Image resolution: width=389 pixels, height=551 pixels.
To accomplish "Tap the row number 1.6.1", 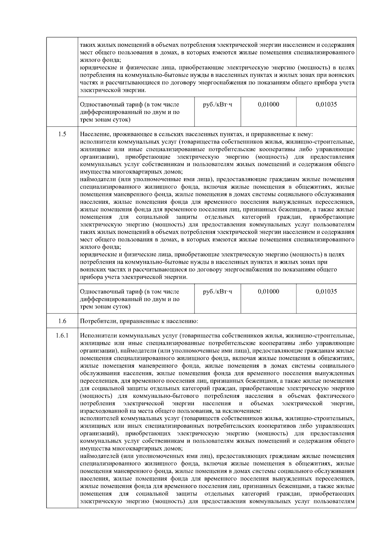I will click(x=63, y=336).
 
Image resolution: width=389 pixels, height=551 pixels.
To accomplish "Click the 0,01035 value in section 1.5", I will click(x=326, y=291).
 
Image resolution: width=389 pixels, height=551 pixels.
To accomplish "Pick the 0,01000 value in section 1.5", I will click(x=268, y=291).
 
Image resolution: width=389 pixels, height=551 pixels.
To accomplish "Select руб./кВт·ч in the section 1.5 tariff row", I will click(x=218, y=291).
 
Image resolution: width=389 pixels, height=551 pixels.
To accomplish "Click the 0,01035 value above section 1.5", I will click(x=326, y=104).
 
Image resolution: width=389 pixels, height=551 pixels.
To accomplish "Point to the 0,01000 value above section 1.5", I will click(x=268, y=104).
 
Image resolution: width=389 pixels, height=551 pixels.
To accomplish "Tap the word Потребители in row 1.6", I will click(x=96, y=322).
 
